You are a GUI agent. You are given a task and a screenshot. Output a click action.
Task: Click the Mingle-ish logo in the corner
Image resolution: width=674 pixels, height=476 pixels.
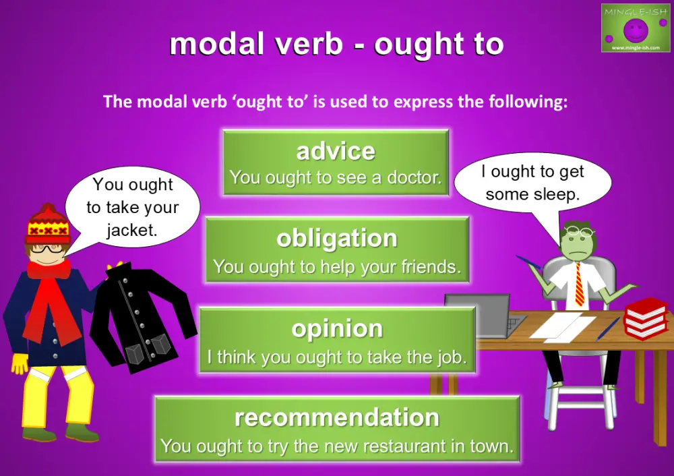pos(635,28)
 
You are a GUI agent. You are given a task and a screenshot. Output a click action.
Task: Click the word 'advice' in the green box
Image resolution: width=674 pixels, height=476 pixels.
pos(336,151)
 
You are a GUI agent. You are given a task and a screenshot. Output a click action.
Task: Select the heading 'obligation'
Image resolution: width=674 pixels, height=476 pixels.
pos(337,238)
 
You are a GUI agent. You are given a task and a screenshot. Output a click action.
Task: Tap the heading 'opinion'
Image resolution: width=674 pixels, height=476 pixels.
pos(337,328)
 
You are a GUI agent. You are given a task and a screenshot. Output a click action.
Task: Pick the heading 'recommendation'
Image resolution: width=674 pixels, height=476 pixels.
pos(337,417)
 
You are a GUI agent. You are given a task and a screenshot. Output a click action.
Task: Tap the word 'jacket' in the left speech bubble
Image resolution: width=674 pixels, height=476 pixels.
pos(131,230)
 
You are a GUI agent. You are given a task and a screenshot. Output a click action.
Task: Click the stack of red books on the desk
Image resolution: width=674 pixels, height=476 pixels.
pos(645,318)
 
